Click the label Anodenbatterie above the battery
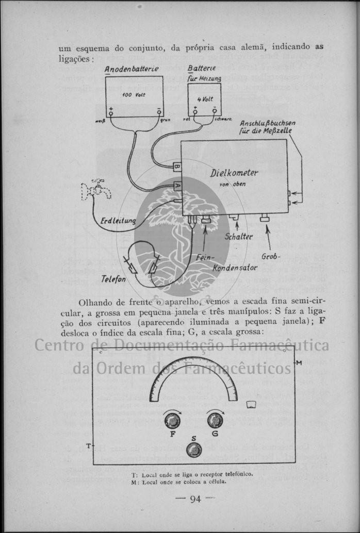tap(131, 69)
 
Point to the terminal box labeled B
tap(176, 166)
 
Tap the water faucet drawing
tap(96, 190)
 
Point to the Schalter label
tap(238, 237)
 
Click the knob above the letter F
tap(172, 421)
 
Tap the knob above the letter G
tap(215, 421)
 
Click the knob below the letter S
tap(193, 450)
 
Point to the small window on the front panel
tap(252, 405)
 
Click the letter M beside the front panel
tap(299, 363)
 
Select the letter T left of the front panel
tap(88, 445)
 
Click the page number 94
tap(195, 498)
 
